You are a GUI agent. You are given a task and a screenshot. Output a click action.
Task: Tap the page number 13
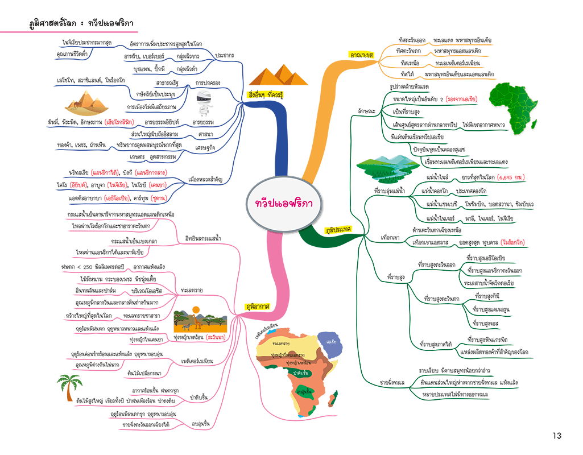point(556,436)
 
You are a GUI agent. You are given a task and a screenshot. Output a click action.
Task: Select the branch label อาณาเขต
point(361,55)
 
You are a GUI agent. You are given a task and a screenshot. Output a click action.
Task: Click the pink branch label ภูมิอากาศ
point(257,305)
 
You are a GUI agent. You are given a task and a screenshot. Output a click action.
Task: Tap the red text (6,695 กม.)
point(511,178)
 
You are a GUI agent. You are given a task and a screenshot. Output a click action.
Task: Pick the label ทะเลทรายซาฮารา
point(141,315)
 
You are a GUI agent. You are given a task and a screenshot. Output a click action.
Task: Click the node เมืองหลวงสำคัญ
point(205,180)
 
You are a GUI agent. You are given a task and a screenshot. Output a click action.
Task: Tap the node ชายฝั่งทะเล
point(392,382)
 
